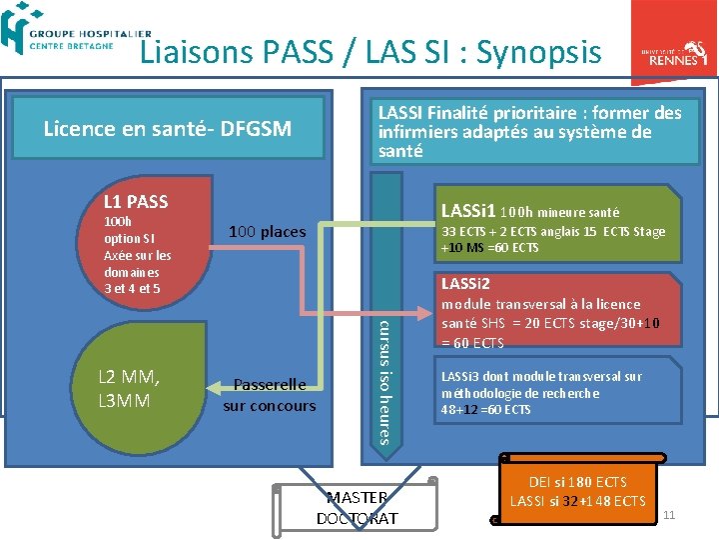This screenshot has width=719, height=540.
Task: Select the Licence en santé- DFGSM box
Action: [168, 128]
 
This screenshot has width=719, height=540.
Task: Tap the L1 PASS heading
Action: [136, 202]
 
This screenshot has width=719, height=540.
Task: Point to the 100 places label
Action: [267, 232]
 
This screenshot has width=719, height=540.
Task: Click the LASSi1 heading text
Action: [468, 211]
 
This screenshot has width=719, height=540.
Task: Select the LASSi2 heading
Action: [465, 284]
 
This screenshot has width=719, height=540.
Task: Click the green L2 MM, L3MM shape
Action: [145, 380]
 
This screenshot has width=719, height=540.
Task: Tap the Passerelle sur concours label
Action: [269, 395]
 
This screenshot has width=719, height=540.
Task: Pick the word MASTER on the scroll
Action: [357, 498]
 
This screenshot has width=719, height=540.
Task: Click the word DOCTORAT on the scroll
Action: [357, 518]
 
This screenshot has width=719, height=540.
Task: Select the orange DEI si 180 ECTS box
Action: [577, 491]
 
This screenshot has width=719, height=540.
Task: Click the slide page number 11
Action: [669, 515]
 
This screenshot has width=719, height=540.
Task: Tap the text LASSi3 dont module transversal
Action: [538, 377]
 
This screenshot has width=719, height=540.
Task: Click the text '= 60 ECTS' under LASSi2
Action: [475, 343]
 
